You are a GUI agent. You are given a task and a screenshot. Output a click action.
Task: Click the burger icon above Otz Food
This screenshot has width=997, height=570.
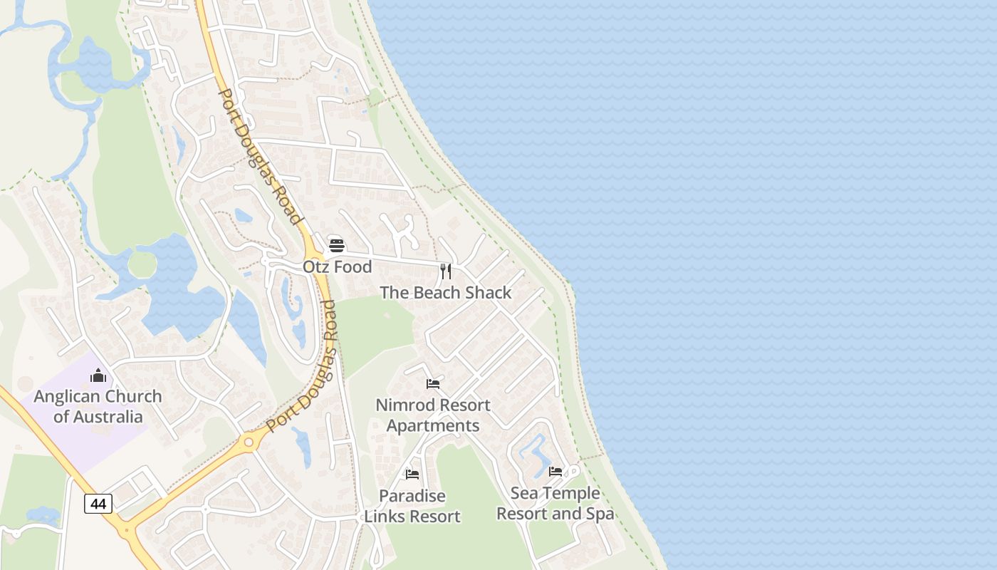[337, 246]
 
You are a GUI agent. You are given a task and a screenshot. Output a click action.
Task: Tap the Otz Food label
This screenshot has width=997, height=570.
[338, 266]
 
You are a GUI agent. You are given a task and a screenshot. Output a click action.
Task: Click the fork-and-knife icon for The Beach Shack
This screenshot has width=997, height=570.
[446, 271]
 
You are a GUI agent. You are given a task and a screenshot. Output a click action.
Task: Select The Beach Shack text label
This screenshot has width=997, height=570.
[446, 292]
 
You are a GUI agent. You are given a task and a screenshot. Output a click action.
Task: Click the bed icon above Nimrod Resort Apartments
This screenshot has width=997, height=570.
[433, 384]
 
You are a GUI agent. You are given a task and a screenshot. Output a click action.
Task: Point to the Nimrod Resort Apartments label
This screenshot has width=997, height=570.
[433, 415]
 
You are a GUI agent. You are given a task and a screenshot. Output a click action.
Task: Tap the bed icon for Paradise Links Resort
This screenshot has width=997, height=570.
[412, 475]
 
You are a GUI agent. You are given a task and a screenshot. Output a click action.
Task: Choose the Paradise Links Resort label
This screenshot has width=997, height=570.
[412, 506]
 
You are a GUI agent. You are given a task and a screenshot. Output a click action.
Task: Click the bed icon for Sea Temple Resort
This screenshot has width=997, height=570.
[555, 472]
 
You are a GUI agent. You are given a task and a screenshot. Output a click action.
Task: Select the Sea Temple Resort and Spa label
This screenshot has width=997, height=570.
[555, 503]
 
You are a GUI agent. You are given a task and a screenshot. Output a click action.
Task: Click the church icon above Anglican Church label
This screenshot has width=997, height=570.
[98, 375]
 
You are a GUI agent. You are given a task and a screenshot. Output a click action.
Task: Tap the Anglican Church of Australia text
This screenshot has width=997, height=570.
[98, 406]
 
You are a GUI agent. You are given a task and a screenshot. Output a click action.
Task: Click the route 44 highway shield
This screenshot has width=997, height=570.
[98, 504]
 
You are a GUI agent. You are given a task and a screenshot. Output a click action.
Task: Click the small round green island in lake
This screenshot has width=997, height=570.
[142, 264]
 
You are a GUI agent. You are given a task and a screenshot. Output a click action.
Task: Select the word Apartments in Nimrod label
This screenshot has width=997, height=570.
[433, 426]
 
